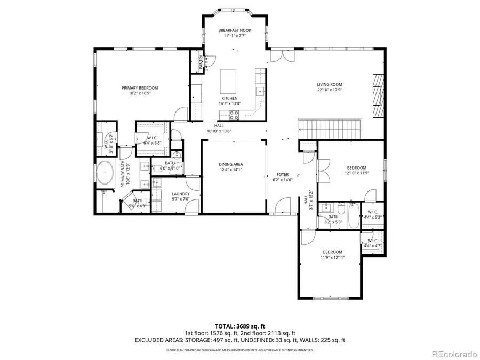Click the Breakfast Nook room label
point(235,31)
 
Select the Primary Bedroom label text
point(140,88)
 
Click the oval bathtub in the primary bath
point(105,175)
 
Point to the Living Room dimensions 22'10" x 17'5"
point(329,90)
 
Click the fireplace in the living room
point(378,94)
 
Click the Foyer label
point(282,174)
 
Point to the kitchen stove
point(234,114)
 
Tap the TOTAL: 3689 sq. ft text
point(240,325)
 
